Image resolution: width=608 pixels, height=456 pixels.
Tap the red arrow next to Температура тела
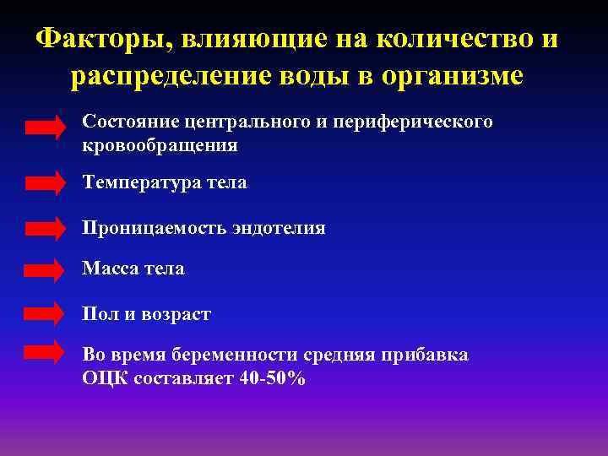tap(45, 182)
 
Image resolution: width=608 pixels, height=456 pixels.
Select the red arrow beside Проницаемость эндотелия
tap(45, 228)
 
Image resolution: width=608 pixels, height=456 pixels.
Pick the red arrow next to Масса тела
tap(45, 269)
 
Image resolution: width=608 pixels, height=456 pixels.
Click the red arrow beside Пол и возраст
tap(45, 313)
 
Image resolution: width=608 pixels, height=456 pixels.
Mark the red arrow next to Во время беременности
tap(45, 353)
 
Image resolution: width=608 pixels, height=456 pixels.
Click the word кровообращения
tap(160, 146)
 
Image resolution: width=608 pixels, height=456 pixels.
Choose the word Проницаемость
tap(154, 228)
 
